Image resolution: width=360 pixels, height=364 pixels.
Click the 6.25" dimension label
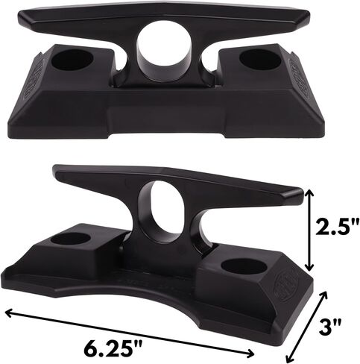113,348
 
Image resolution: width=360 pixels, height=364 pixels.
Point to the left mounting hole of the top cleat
72,60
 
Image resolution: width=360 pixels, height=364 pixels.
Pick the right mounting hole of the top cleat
259,60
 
